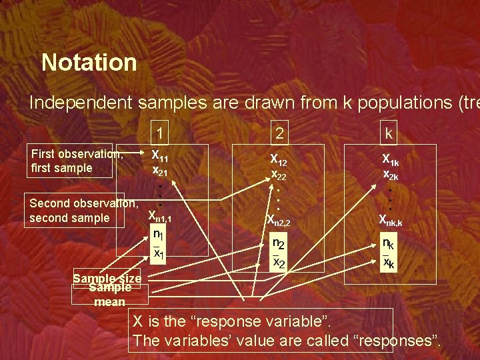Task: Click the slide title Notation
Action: (89, 63)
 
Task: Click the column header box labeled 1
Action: (160, 133)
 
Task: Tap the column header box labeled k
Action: (388, 134)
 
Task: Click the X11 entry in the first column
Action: (160, 156)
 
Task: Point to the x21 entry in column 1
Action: (160, 170)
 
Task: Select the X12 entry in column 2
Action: (279, 160)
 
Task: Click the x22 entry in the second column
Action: (279, 175)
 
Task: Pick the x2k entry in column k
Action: (390, 175)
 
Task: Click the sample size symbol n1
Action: (158, 235)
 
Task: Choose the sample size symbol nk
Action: (387, 245)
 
